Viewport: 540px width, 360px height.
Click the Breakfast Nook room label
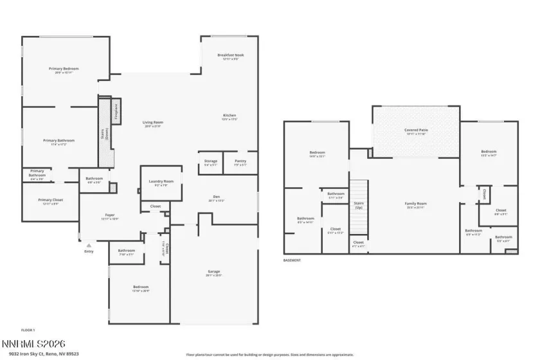(230, 55)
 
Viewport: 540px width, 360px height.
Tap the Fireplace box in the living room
(116, 111)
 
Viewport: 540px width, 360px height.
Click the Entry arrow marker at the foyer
(89, 246)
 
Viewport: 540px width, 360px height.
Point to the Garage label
(214, 272)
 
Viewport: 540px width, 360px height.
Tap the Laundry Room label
(161, 183)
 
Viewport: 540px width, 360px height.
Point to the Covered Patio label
(416, 131)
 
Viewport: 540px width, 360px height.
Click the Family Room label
(416, 204)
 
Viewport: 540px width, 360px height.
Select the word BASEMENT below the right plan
(292, 260)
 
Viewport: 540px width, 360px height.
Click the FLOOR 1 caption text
(28, 330)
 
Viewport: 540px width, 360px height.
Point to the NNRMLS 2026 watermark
(33, 345)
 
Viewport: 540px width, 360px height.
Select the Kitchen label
(230, 116)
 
